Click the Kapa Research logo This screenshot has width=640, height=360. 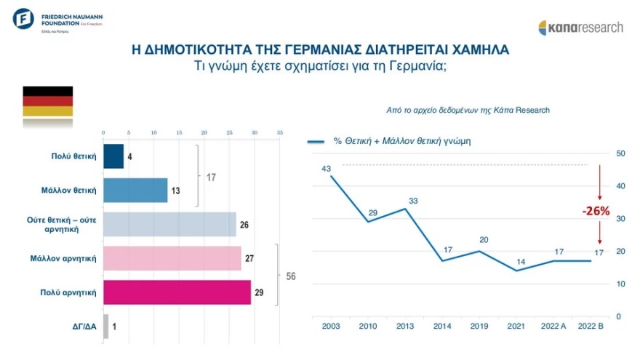(580, 28)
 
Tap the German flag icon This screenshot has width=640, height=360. (48, 102)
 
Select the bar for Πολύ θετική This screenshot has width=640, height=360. (113, 156)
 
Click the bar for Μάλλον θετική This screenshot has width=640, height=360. (135, 191)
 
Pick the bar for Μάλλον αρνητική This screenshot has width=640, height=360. (172, 258)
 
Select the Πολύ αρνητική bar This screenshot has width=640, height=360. (177, 292)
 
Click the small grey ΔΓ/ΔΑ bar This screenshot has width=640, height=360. (106, 326)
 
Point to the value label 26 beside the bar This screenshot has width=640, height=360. (244, 225)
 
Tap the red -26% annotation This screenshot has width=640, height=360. (596, 212)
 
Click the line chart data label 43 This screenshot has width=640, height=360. (327, 169)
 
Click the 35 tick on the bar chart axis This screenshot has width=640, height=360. (279, 133)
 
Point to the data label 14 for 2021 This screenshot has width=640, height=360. (519, 261)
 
